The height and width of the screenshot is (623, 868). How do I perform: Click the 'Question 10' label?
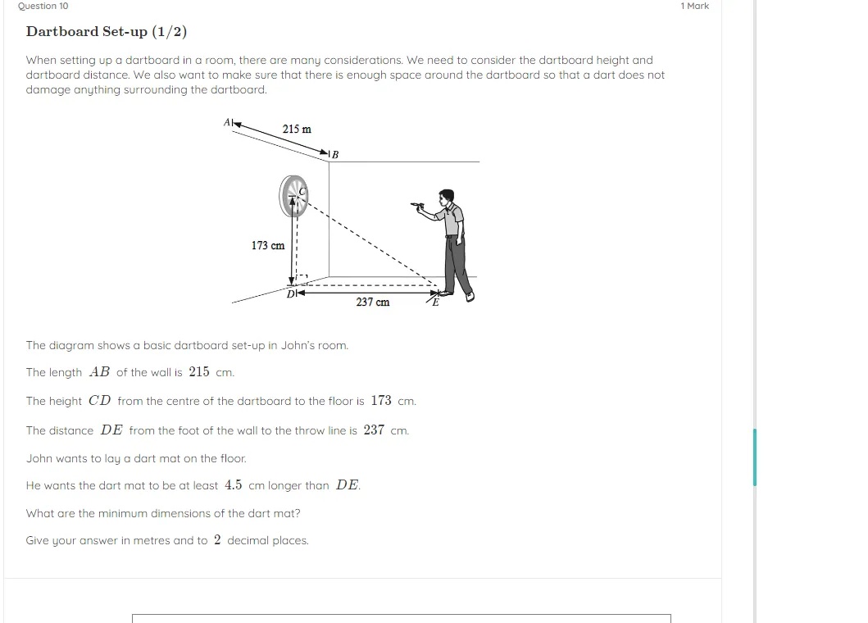(43, 6)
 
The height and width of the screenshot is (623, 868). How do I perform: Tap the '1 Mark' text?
(694, 6)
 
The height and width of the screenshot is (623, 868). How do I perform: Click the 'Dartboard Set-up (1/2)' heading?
(107, 32)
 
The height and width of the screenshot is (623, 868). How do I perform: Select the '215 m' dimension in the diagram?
(297, 129)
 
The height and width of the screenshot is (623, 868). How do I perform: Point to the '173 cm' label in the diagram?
(268, 245)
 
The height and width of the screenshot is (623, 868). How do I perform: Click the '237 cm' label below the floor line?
(373, 302)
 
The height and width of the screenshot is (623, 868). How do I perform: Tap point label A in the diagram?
(227, 122)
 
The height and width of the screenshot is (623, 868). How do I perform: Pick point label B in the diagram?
(334, 154)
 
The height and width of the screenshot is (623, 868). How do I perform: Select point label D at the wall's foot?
(290, 293)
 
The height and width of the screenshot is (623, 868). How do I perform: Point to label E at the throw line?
(435, 302)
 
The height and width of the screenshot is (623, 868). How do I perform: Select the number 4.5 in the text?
(234, 485)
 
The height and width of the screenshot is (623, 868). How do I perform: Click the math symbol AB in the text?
(99, 372)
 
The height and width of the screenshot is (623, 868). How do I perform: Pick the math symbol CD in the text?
(99, 401)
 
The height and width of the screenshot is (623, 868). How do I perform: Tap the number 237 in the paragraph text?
(374, 430)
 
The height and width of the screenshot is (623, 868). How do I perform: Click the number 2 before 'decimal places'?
(217, 540)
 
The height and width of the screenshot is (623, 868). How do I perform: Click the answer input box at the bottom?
(402, 617)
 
